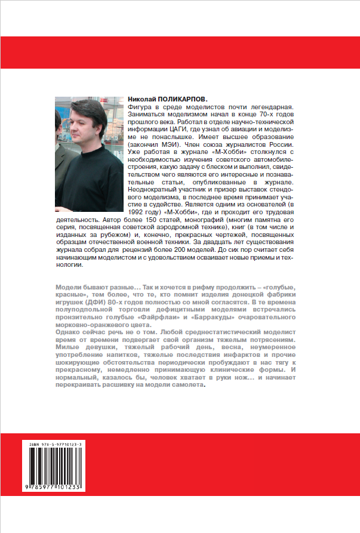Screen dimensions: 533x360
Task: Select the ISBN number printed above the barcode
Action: click(x=62, y=445)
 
